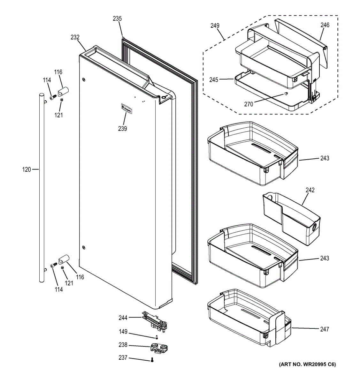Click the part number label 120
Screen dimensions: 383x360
point(27,169)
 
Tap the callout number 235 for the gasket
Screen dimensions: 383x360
point(117,19)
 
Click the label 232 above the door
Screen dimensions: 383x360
point(75,37)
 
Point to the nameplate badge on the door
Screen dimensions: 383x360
point(126,109)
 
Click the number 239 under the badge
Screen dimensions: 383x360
point(122,129)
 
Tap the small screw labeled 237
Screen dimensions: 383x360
point(152,360)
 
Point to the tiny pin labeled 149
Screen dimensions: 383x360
point(157,337)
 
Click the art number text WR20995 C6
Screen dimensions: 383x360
point(308,364)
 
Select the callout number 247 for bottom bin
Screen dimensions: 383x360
point(325,329)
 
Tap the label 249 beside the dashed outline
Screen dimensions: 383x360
point(215,25)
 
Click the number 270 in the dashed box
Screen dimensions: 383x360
point(249,104)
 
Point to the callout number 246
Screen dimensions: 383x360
point(325,25)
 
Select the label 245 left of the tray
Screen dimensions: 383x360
point(214,80)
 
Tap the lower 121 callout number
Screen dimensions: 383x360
point(69,283)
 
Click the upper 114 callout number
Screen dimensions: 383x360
point(47,80)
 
